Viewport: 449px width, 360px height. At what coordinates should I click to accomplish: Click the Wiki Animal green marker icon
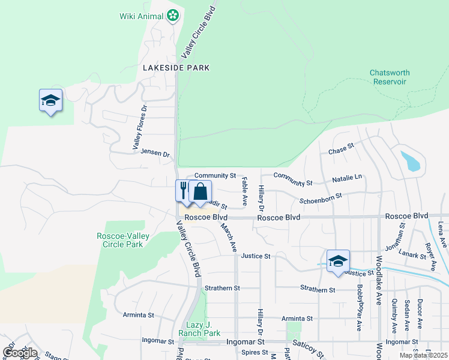pos(173,16)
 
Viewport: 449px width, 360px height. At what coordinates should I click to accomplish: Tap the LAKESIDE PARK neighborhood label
pos(176,68)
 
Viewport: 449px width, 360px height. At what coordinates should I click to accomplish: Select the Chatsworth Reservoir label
pos(390,77)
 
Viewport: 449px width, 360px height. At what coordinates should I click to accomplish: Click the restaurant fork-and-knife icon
pos(183,190)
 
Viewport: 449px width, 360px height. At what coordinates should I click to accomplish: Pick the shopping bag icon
pos(200,191)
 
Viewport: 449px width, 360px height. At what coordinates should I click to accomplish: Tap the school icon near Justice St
pos(338,261)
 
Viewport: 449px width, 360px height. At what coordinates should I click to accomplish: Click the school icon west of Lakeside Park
pos(50,100)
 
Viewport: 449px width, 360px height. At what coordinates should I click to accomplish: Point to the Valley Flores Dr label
pos(140,128)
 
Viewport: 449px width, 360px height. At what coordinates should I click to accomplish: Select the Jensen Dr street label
pos(155,153)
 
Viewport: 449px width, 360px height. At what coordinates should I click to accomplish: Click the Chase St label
pos(342,147)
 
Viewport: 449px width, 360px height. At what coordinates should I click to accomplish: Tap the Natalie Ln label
pos(348,179)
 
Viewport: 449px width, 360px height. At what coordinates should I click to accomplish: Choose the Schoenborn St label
pos(321,196)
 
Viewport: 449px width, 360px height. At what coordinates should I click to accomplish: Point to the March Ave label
pos(229,238)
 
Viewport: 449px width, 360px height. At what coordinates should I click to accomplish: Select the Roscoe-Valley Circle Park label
pos(120,240)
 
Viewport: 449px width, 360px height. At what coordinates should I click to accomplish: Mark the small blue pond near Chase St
pos(411,161)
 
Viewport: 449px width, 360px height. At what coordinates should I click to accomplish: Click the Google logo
pos(20,353)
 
